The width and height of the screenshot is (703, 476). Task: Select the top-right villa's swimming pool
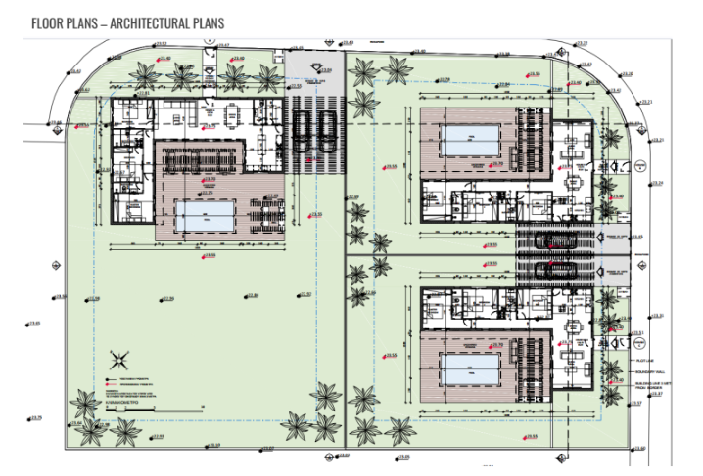pyautogui.click(x=470, y=141)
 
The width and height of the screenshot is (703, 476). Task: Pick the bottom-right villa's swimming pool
pyautogui.click(x=470, y=371)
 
